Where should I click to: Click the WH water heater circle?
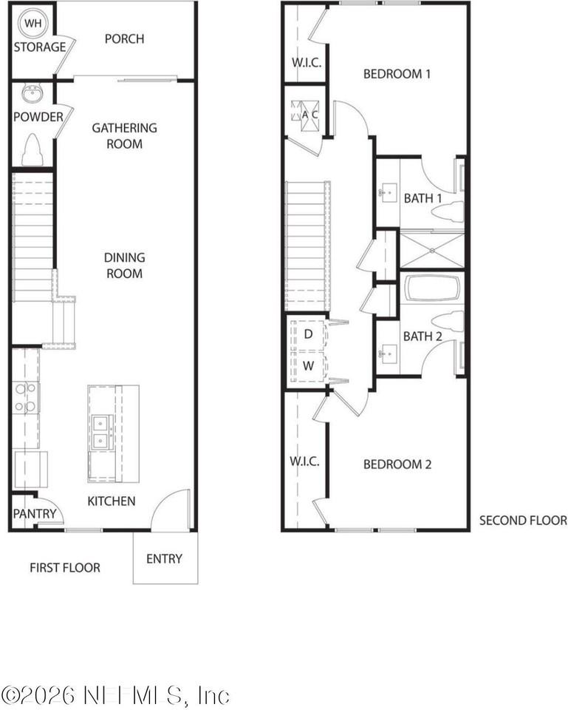[31, 24]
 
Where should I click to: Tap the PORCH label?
[124, 38]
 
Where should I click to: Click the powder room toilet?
[32, 150]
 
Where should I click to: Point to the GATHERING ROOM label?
[124, 135]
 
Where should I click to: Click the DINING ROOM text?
[124, 266]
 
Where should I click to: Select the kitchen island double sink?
[102, 431]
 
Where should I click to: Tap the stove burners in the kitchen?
[27, 397]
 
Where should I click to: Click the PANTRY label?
[30, 513]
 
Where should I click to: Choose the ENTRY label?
[164, 558]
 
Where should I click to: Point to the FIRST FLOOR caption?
[65, 567]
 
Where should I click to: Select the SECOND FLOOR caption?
[523, 520]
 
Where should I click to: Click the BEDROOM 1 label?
[397, 74]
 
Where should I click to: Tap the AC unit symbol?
[304, 115]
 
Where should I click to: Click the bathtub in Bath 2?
[432, 288]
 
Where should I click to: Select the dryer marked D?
[308, 334]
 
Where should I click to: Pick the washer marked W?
[308, 366]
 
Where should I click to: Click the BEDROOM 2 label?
[397, 464]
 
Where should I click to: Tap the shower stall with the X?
[431, 250]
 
